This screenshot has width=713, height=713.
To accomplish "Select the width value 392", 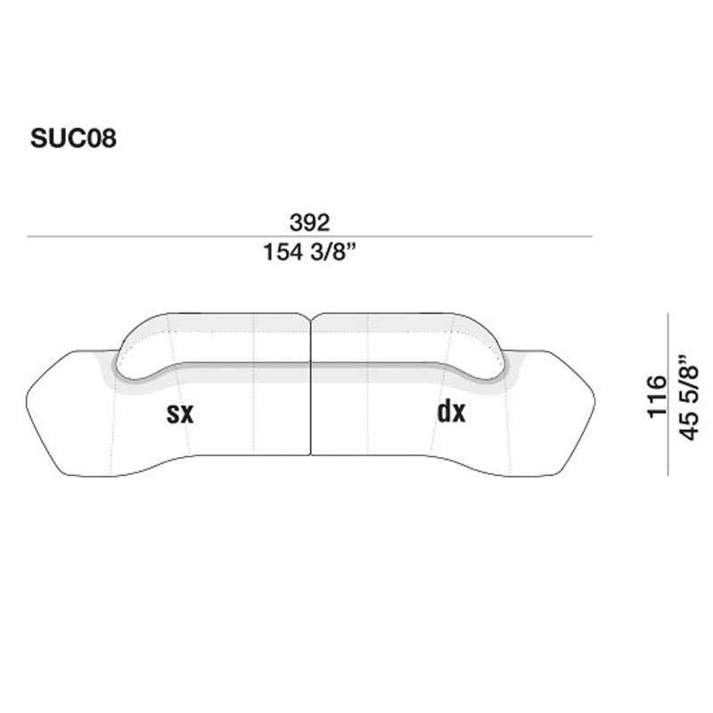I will point(309,222).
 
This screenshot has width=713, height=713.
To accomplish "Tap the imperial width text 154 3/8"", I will point(309,252).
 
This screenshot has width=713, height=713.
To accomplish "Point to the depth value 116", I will point(656,396).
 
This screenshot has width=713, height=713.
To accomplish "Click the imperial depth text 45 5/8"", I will point(688,396).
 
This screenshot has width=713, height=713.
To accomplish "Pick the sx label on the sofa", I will point(180,413).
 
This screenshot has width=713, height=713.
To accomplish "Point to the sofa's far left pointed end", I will point(29,401).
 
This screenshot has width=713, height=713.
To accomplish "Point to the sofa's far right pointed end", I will point(593,401).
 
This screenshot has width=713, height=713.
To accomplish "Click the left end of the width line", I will point(29,237).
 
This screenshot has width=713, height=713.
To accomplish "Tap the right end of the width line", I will point(592,237).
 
